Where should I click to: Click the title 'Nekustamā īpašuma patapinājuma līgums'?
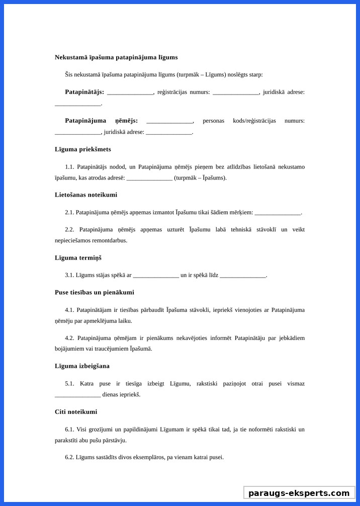[x=116, y=57]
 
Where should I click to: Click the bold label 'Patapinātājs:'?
[x=84, y=92]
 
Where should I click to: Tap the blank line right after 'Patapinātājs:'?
[x=130, y=93]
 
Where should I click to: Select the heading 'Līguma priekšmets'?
[x=83, y=149]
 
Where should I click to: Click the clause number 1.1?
[x=69, y=167]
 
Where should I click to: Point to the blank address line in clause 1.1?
[x=149, y=178]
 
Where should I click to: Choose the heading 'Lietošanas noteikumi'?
[x=86, y=195]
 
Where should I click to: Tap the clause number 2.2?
[x=69, y=230]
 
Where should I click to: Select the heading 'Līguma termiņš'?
[x=78, y=258]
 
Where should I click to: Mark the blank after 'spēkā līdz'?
[x=243, y=276]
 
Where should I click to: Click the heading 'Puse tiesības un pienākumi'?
[x=95, y=292]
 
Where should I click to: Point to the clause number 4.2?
[x=69, y=338]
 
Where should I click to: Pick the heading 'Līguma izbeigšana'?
[x=82, y=366]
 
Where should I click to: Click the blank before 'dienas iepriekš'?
[x=78, y=395]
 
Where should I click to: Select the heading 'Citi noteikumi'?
[x=76, y=412]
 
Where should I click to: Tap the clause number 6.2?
[x=69, y=458]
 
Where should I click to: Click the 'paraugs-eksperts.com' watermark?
[x=299, y=493]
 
